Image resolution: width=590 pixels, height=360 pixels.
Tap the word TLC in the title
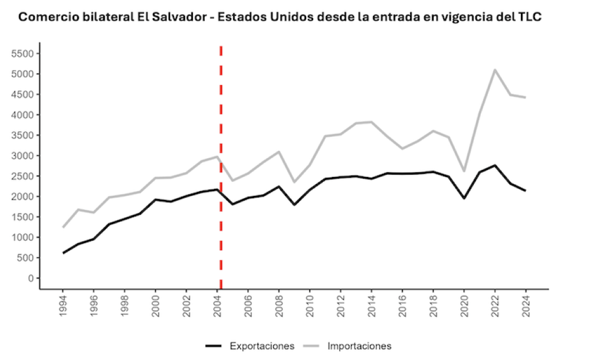[x=529, y=17]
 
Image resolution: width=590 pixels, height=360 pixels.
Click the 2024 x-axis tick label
[x=525, y=306]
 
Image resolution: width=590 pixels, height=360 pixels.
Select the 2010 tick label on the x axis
[x=310, y=306]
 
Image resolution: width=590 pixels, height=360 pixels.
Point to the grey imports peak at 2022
[x=494, y=70]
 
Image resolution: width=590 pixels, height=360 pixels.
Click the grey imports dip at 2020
[x=464, y=171]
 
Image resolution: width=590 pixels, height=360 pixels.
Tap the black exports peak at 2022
[x=494, y=165]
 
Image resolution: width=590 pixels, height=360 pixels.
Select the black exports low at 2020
[x=464, y=198]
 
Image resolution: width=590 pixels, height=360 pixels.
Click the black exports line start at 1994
[x=64, y=253]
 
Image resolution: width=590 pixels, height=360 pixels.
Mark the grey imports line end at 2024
[x=525, y=97]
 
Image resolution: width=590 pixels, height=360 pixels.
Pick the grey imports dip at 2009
[x=294, y=182]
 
